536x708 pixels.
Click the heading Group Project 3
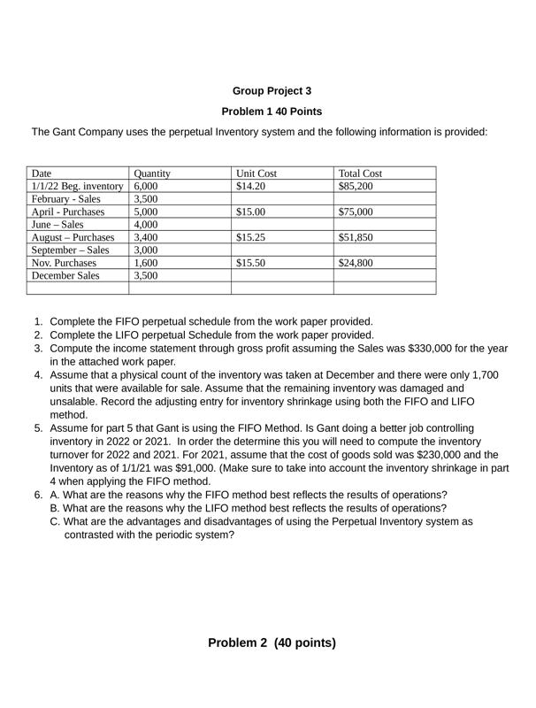pos(272,90)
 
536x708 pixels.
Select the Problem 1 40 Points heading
pos(272,112)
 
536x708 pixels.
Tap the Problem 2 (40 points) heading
pos(272,643)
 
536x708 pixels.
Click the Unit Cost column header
pos(257,174)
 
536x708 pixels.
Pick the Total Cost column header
pos(360,174)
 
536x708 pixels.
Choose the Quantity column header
pos(152,174)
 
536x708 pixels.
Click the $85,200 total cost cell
pos(356,187)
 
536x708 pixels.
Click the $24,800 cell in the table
pos(356,263)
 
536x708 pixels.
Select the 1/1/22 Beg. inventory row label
pos(77,187)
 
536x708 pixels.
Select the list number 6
pos(38,495)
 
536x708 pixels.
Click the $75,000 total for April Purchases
pos(356,212)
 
